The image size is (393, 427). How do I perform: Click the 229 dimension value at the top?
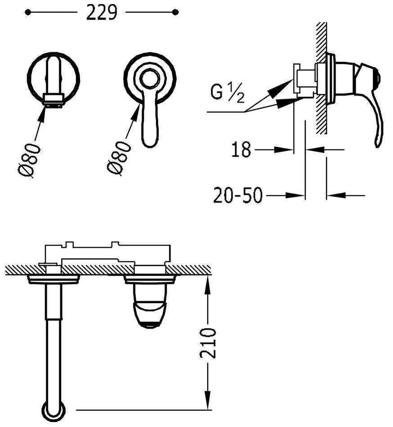point(102,13)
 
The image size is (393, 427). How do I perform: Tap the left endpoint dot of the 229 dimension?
point(27,12)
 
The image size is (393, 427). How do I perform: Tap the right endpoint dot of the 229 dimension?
point(175,12)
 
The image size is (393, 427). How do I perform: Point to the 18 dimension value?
point(241,150)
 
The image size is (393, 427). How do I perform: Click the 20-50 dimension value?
point(238,195)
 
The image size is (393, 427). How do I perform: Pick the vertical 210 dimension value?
point(208,343)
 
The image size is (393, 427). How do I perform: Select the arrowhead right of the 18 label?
point(284,150)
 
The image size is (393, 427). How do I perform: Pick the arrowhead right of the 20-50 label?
point(295,195)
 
